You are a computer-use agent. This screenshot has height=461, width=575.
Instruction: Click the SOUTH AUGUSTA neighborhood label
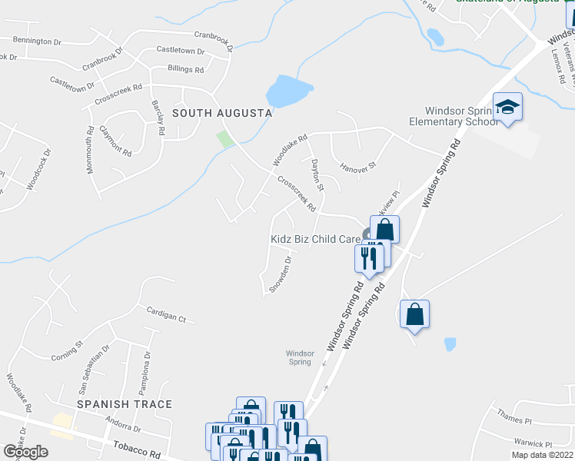point(222,113)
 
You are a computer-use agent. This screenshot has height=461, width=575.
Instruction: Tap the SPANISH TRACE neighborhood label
point(124,404)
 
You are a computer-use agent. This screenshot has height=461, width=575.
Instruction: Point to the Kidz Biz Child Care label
point(315,239)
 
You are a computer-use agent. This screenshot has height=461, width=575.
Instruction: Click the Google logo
point(25,452)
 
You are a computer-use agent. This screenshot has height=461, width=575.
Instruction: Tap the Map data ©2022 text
point(542,455)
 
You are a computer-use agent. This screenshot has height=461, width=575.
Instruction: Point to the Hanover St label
point(358,165)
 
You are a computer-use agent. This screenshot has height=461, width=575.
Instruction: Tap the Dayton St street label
point(317,176)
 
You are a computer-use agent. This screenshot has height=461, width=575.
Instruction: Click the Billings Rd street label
point(185,69)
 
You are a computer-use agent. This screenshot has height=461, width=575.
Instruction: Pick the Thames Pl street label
point(514,420)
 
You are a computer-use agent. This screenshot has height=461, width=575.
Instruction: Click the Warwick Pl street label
point(533,444)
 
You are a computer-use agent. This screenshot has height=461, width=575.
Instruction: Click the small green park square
point(225,139)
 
